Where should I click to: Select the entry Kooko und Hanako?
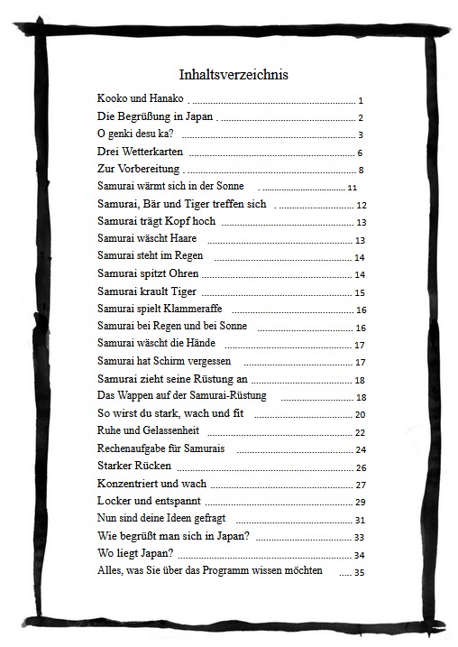[140, 97]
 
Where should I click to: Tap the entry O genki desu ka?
[135, 134]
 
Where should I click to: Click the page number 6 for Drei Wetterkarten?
[360, 153]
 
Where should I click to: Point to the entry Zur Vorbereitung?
[139, 169]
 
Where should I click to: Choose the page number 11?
[353, 188]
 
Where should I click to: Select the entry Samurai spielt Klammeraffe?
[160, 309]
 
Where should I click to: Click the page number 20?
[360, 415]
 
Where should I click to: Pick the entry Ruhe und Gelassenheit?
[148, 431]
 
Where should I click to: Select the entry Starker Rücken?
[133, 467]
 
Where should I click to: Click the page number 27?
[360, 485]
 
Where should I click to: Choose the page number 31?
[360, 520]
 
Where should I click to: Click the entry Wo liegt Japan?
[135, 553]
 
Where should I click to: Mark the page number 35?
[359, 572]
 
